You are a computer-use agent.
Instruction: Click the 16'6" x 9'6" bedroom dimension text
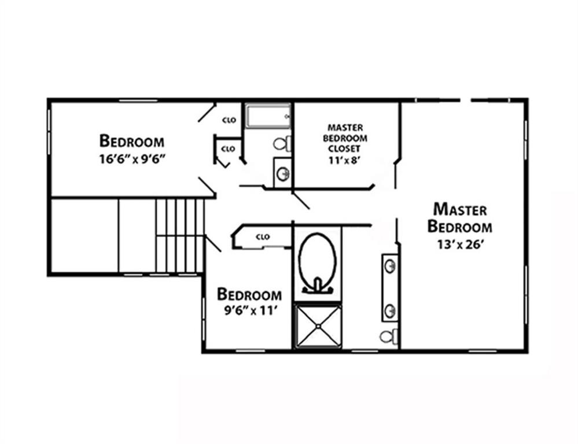[131, 159]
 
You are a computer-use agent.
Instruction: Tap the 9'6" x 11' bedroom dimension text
[251, 311]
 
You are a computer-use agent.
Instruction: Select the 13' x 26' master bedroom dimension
[461, 245]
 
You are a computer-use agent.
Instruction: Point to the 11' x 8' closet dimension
[344, 160]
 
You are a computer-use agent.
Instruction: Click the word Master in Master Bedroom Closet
[345, 128]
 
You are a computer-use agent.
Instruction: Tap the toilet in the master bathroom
[389, 336]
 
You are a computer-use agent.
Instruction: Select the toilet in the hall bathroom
[282, 144]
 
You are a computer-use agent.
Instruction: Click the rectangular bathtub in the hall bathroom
[268, 116]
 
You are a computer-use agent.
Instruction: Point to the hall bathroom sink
[283, 173]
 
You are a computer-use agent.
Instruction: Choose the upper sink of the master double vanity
[390, 266]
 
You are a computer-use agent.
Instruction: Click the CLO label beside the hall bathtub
[229, 120]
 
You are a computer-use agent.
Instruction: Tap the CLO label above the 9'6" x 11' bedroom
[263, 237]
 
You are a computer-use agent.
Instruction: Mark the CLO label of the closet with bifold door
[228, 149]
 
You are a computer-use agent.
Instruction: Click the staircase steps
[180, 236]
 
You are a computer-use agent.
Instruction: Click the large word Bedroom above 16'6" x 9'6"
[131, 141]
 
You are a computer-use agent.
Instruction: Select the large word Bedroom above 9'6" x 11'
[249, 294]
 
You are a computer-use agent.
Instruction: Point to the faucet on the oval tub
[318, 286]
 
